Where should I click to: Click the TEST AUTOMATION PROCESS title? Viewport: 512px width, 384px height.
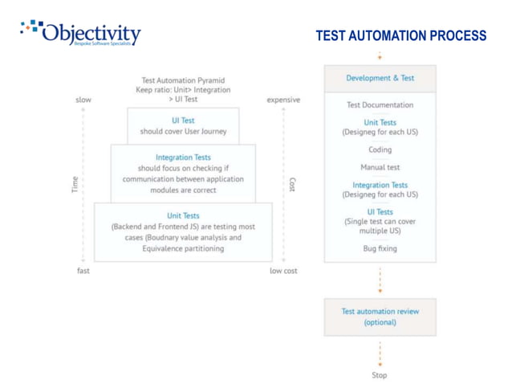[x=400, y=37]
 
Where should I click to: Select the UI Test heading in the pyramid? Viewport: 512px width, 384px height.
[x=183, y=121]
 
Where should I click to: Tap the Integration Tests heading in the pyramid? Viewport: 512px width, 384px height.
[x=183, y=157]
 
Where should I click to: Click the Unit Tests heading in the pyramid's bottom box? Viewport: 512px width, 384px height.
[x=183, y=215]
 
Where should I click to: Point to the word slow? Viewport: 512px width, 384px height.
[x=83, y=100]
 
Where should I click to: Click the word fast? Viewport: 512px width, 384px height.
[x=83, y=271]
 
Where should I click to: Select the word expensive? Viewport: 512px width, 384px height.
[x=283, y=100]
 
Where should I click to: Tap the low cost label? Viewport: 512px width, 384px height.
[x=283, y=271]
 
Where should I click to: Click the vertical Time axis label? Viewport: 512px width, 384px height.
[x=75, y=185]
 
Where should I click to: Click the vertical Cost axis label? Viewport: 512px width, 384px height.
[x=292, y=185]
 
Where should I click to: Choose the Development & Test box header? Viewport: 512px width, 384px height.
[x=380, y=78]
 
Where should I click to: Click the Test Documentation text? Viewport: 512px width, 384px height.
[x=380, y=104]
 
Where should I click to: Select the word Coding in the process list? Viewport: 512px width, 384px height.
[x=380, y=149]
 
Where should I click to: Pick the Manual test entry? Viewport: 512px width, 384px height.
[x=380, y=167]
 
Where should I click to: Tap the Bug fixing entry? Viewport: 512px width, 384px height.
[x=380, y=248]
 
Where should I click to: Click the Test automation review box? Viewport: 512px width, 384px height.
[x=380, y=317]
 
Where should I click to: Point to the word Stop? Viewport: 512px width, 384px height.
[x=380, y=374]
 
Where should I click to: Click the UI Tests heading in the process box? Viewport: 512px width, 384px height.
[x=380, y=211]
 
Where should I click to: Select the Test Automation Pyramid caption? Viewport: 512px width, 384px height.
[x=183, y=80]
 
